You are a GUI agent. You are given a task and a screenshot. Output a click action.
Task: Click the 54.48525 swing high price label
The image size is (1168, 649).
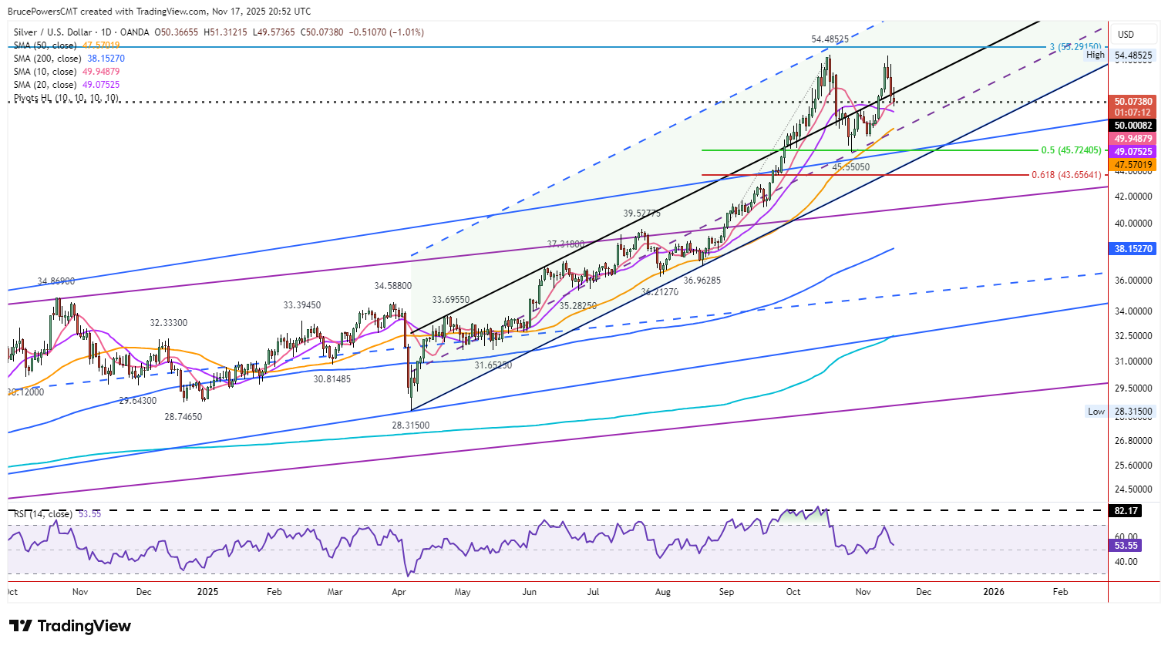830,39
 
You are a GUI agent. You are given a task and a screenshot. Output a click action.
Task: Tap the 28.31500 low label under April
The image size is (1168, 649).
410,425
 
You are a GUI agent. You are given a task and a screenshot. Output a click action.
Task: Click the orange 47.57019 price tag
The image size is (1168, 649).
1133,165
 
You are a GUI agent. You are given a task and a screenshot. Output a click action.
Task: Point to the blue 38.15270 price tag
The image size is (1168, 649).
1133,249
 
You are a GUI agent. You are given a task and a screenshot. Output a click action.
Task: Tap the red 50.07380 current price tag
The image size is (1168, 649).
1133,102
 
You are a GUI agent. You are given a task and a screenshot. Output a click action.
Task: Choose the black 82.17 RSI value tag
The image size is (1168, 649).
1126,511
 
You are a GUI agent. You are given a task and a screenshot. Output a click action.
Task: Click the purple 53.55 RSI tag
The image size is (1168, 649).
1126,546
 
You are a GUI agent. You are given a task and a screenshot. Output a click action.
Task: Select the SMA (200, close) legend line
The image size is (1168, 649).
69,59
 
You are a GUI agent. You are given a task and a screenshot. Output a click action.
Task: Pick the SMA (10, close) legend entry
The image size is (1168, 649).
66,72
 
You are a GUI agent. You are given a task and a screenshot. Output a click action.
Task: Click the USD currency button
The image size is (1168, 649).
1126,34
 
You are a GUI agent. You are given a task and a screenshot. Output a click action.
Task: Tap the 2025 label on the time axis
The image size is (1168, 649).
207,592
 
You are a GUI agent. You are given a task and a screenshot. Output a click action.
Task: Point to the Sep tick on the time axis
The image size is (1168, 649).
726,592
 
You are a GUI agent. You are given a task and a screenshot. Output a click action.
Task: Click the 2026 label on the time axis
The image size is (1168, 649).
994,592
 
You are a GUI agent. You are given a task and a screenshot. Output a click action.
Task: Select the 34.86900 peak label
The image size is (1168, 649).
56,282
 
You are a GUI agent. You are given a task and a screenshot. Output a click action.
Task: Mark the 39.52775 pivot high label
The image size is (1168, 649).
641,214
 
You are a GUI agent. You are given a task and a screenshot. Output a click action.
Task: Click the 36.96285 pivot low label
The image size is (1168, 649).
702,281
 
